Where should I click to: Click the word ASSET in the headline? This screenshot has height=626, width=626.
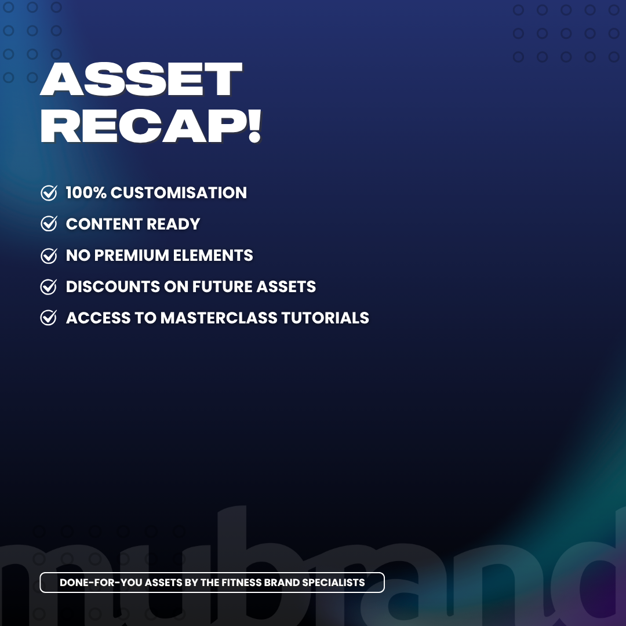coord(141,79)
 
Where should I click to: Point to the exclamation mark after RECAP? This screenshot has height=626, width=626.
coord(254,126)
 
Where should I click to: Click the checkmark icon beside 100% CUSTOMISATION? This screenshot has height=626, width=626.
coord(49,192)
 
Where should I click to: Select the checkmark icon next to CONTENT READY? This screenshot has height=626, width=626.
coord(49,224)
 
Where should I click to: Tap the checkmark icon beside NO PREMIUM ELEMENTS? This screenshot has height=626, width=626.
coord(49,255)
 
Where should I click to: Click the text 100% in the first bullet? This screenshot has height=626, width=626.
coord(86,192)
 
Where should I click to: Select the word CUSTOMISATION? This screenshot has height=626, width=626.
coord(179,192)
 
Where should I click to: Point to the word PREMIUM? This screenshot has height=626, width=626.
coord(132,255)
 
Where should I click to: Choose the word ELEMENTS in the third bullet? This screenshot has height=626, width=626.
coord(213,255)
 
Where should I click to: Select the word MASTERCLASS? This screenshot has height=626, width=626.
coord(219,318)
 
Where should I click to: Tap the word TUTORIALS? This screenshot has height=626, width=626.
coord(325,318)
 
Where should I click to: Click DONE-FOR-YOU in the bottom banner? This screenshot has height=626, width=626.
coord(100,583)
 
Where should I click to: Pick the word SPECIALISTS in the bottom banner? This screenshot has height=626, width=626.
coord(333,583)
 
